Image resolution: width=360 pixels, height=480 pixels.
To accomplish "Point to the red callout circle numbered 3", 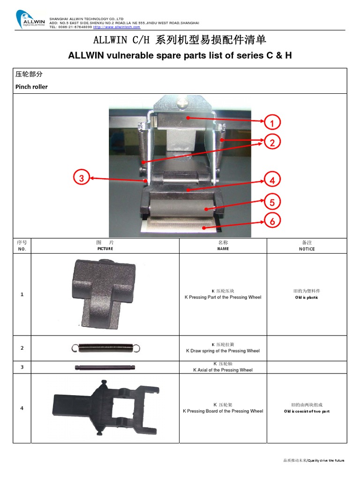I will tap(82, 178).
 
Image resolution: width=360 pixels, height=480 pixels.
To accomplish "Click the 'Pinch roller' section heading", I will tap(31, 87).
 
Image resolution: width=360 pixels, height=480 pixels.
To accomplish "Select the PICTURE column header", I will tap(105, 249).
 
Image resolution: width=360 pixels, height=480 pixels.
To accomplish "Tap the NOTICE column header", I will tap(307, 249).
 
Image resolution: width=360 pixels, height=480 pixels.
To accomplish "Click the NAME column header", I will tap(223, 249).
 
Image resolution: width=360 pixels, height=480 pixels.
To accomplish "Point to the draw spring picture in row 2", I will tap(105, 347).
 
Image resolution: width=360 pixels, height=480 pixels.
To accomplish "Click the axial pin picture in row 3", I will tap(105, 367).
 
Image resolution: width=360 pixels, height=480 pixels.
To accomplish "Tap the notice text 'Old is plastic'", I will tap(307, 298).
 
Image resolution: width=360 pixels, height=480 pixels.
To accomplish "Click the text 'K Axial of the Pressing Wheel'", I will tap(223, 370).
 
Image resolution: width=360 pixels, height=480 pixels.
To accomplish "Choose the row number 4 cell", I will tap(22, 408).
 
